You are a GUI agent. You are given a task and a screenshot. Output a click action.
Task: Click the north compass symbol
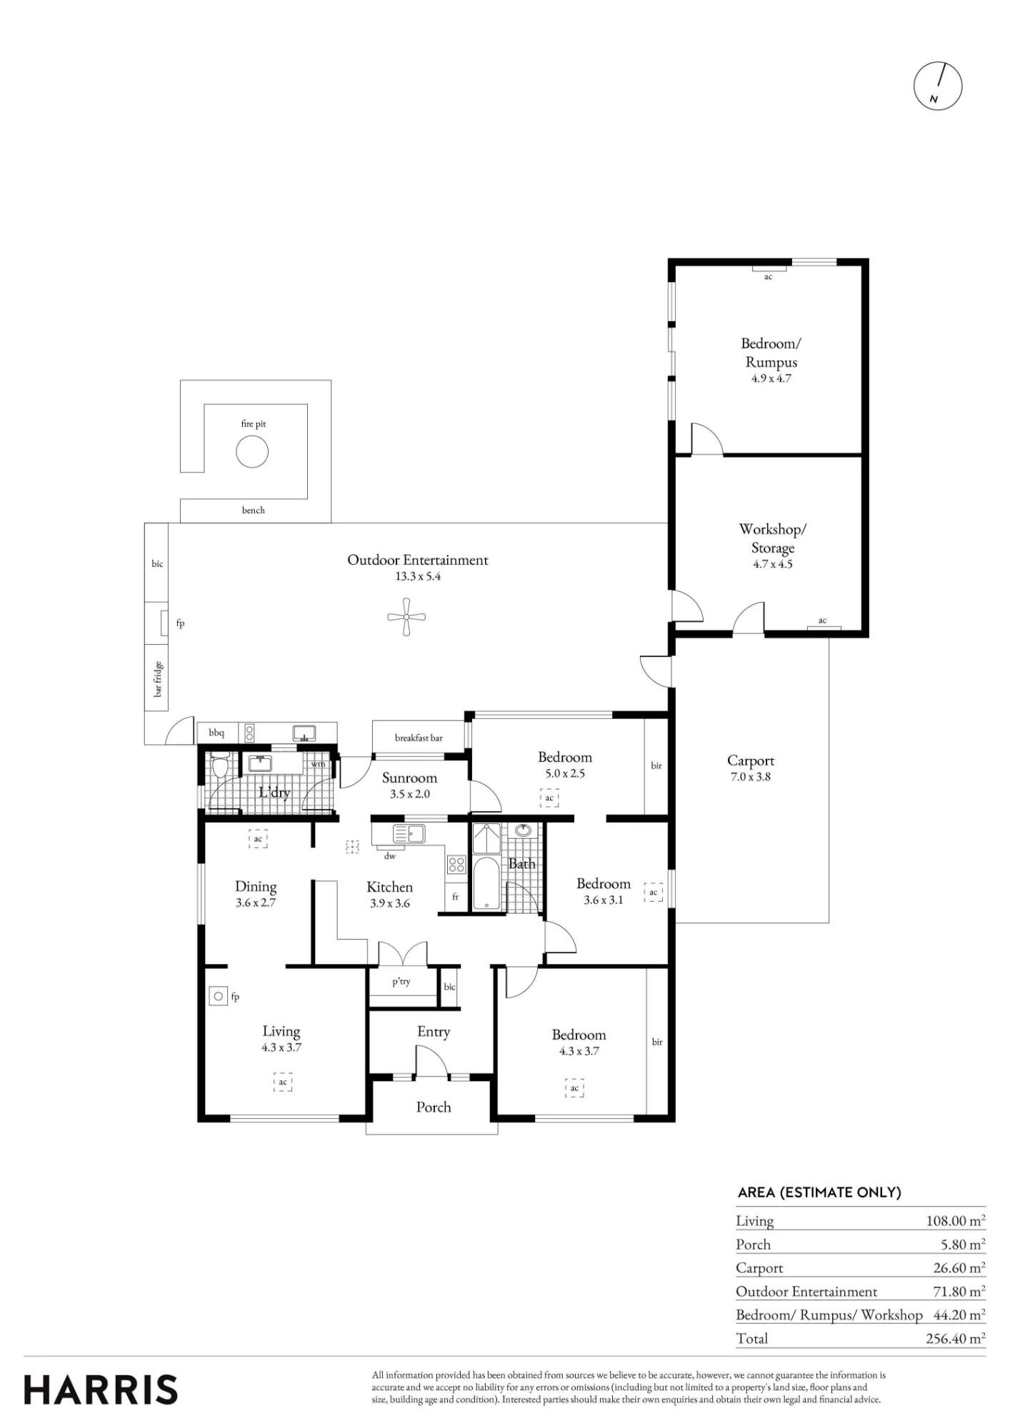[x=938, y=86]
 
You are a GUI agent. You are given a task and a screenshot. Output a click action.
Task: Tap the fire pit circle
[x=252, y=451]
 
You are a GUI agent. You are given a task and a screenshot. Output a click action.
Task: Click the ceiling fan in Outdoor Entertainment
[x=406, y=617]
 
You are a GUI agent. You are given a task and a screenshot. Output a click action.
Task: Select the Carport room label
[x=751, y=760]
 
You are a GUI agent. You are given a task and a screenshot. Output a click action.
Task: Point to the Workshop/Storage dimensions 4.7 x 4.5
[x=773, y=564]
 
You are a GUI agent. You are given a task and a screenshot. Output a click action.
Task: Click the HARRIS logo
[x=101, y=1390]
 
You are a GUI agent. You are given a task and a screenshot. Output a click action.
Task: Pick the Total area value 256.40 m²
[x=956, y=1338]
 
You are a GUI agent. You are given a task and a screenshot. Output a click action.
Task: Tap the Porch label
[x=434, y=1107]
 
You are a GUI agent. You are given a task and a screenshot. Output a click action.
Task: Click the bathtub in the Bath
[x=486, y=883]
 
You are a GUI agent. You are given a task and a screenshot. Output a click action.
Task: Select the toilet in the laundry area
[x=220, y=765]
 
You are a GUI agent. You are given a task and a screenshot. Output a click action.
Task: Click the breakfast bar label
[x=419, y=738]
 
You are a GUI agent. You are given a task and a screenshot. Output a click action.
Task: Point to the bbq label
[x=216, y=733]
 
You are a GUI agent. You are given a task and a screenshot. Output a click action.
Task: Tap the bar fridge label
[x=158, y=679]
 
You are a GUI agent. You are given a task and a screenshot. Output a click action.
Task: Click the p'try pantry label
[x=401, y=982]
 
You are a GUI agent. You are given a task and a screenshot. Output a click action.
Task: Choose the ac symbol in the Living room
[x=283, y=1082]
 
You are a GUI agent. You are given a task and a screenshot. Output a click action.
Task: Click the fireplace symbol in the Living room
[x=219, y=996]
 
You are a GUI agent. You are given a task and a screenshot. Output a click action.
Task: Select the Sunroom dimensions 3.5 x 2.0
[x=410, y=794]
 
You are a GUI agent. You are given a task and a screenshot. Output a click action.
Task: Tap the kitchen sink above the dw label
[x=409, y=833]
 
